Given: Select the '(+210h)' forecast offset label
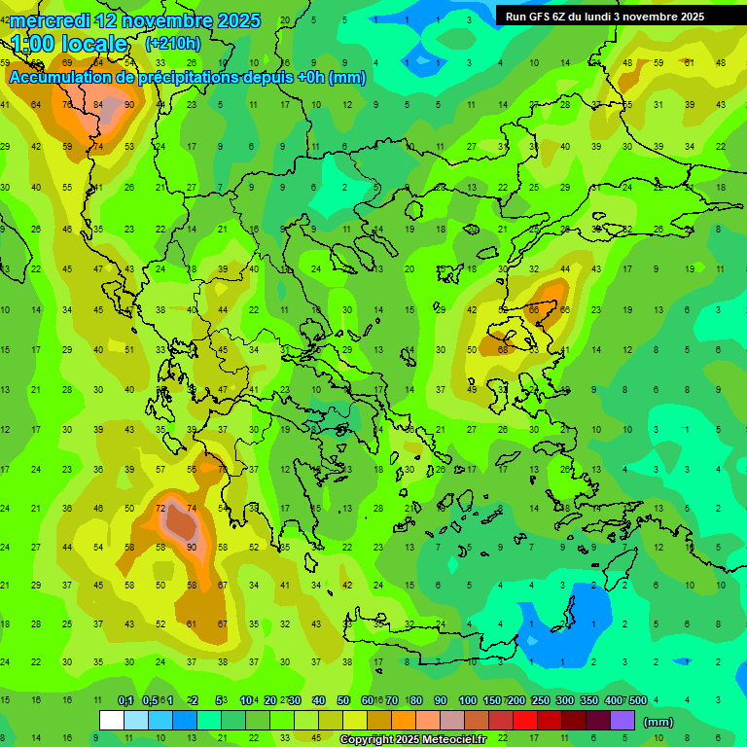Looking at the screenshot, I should [172, 43].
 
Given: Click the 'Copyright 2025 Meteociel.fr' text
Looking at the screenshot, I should [414, 740].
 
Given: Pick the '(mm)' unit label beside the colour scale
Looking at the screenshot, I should [658, 722].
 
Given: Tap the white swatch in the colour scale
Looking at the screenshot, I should [112, 721].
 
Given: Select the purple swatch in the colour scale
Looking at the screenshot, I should [622, 721].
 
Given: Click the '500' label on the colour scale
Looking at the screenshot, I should [637, 700].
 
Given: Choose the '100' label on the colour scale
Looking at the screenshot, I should [467, 700].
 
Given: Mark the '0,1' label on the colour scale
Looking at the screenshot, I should [125, 700].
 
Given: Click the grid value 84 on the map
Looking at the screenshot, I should [99, 105].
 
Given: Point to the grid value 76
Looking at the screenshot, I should [68, 105].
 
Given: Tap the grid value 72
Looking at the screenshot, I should [160, 509].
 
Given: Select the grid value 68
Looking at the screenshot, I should [503, 349].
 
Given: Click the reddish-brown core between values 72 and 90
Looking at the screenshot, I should [180, 523].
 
